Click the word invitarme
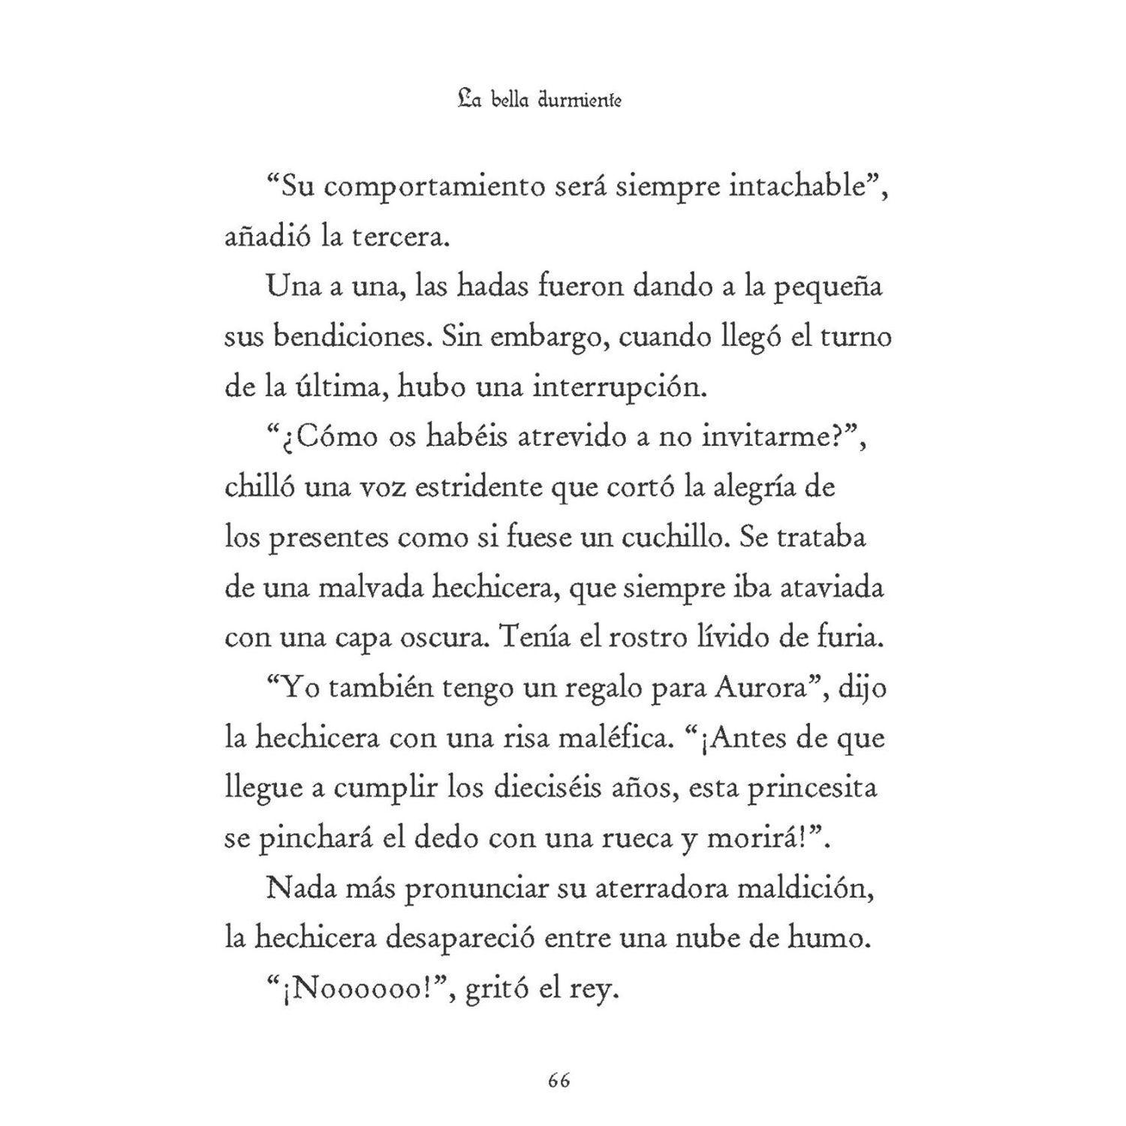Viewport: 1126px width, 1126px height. [x=766, y=437]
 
